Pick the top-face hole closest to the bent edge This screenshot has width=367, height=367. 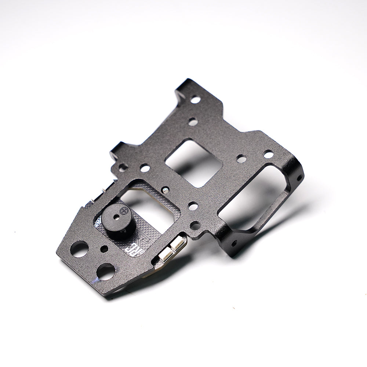pos(269,155)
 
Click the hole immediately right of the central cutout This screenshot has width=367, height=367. pos(241,159)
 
